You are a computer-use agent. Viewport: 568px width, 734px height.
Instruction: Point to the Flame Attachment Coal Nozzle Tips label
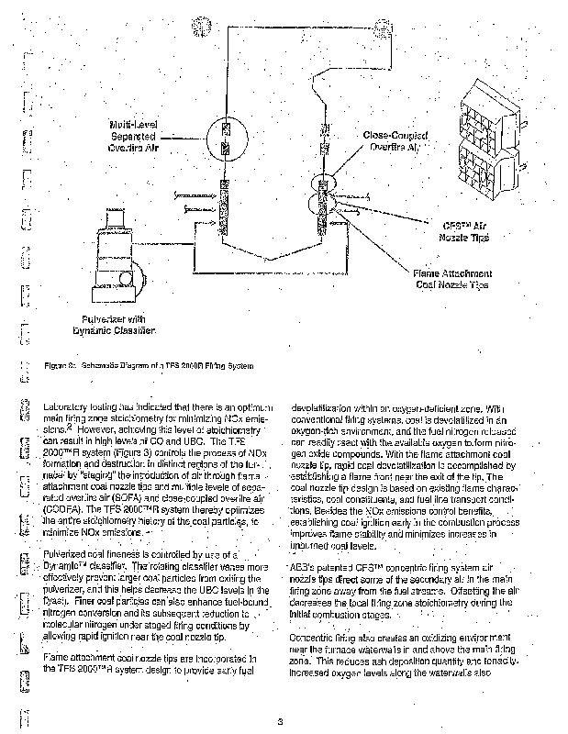[452, 279]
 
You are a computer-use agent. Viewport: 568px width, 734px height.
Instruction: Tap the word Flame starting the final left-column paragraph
[59, 658]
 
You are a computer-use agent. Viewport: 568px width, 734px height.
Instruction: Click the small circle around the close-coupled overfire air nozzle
[323, 181]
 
